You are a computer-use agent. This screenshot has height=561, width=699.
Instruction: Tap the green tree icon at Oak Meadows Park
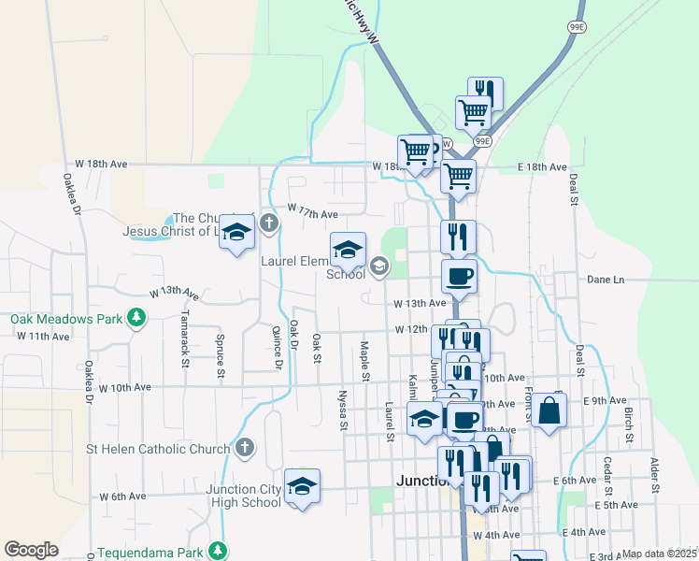point(136,319)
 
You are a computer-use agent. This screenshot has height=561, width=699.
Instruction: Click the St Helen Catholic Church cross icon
point(245,448)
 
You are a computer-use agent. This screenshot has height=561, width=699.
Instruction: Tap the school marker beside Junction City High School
point(302,487)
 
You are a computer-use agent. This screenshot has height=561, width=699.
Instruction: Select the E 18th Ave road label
point(542,167)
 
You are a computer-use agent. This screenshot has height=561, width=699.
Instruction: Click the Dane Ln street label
point(605,279)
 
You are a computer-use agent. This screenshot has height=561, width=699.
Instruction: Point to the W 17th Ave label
point(312,213)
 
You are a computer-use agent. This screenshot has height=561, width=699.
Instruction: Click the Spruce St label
point(221,356)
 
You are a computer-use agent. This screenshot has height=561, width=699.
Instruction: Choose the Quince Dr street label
point(278,345)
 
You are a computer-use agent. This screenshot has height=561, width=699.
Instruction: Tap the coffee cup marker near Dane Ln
point(459,277)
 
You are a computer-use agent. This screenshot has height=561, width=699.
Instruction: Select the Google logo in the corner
point(31,550)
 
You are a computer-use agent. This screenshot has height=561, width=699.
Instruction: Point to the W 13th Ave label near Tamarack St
point(173,293)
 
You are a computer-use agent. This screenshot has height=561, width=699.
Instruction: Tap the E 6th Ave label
point(575,481)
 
